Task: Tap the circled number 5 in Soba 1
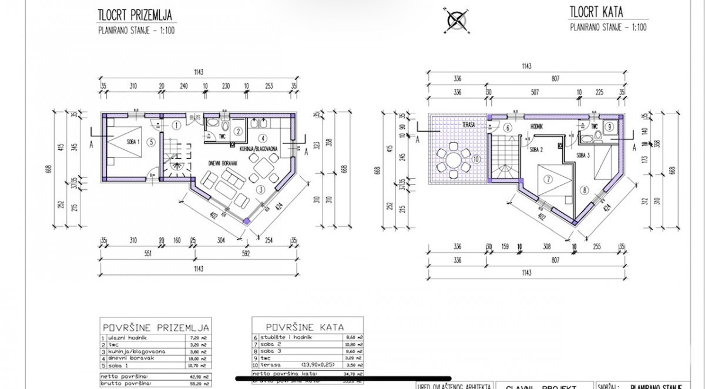coord(151,141)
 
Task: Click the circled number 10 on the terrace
coord(476,158)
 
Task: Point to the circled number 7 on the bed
coord(546,179)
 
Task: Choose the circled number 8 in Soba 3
coord(584,189)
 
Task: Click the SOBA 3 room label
coord(583,155)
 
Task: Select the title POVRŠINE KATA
coord(305,326)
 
